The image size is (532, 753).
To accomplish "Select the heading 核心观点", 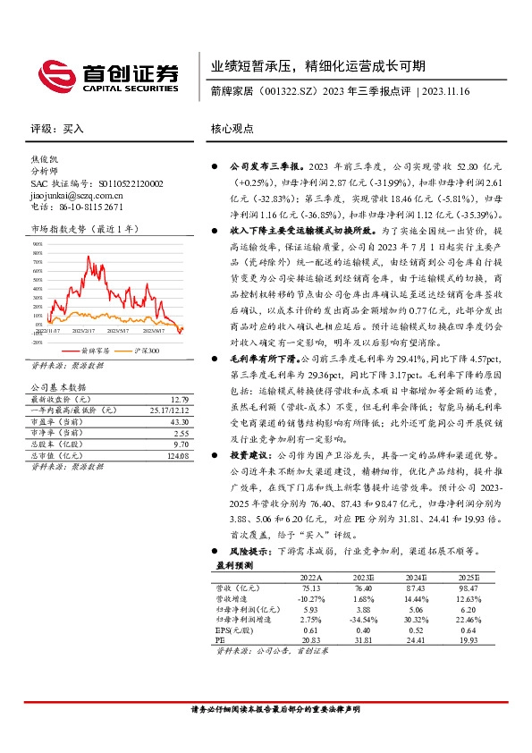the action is point(232,128).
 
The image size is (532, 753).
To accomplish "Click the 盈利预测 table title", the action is point(235,566).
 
